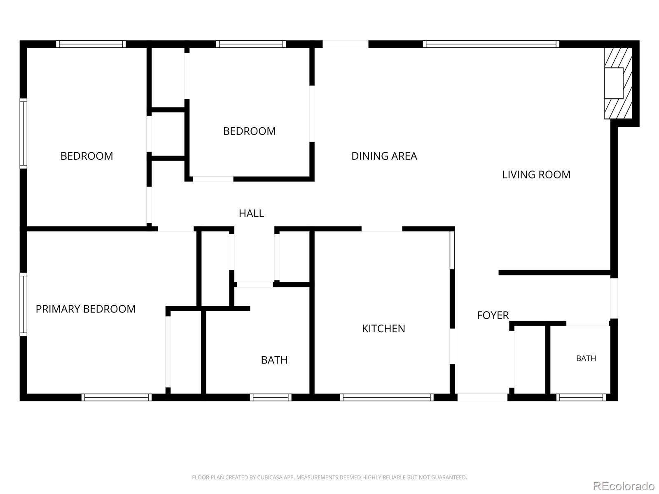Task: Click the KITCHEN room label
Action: tap(383, 329)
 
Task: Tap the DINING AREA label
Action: tap(384, 156)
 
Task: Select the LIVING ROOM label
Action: tap(536, 175)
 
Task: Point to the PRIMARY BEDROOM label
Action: tap(86, 309)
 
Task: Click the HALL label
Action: tap(251, 213)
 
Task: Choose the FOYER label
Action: tap(493, 315)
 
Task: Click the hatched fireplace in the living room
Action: tap(618, 83)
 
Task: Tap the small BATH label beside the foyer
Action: tap(586, 359)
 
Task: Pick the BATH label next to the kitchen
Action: tap(274, 360)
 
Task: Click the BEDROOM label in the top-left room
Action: tap(87, 156)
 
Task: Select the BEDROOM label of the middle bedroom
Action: tap(249, 131)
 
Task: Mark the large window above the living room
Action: tap(491, 44)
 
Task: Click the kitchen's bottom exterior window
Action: tap(387, 397)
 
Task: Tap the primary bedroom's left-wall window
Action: tap(23, 305)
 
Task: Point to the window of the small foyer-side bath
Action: tap(581, 397)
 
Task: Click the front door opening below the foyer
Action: tap(482, 397)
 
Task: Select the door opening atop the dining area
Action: tap(345, 44)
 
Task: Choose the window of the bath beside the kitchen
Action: tap(271, 397)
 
